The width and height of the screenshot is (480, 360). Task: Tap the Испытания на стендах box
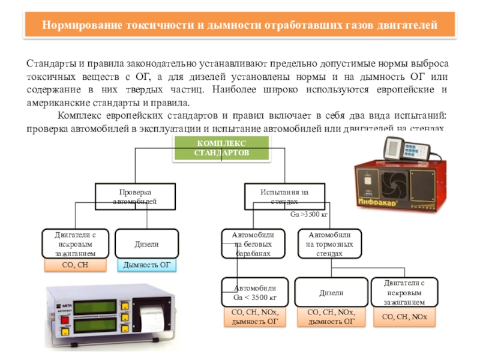coord(284,197)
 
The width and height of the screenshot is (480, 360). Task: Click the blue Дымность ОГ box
coord(146,265)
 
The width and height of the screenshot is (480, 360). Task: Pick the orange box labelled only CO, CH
coord(76,265)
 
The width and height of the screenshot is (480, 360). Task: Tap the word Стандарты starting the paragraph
coord(50,64)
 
